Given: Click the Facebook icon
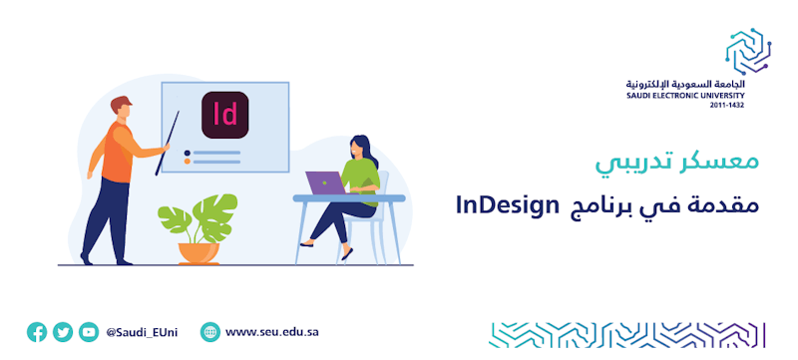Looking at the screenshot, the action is coord(37,332).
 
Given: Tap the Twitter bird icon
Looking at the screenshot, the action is coord(63,332).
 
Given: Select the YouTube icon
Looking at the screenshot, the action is coord(89,332).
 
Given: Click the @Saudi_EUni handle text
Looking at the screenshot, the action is coord(142,332).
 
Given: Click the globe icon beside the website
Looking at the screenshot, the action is coord(210,332).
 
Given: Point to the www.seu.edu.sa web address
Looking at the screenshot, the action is coord(272,332).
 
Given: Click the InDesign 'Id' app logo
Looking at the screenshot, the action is coord(225,115).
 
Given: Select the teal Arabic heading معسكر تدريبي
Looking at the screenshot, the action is coord(677,163).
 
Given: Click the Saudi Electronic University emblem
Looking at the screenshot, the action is coord(748,51).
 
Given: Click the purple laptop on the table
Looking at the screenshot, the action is coord(326,182).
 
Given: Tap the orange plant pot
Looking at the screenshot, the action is coord(199,253).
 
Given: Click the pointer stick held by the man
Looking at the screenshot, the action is coord(168,143).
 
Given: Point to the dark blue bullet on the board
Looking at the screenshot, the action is coord(188,153).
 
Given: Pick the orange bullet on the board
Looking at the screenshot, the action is coord(188,162).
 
